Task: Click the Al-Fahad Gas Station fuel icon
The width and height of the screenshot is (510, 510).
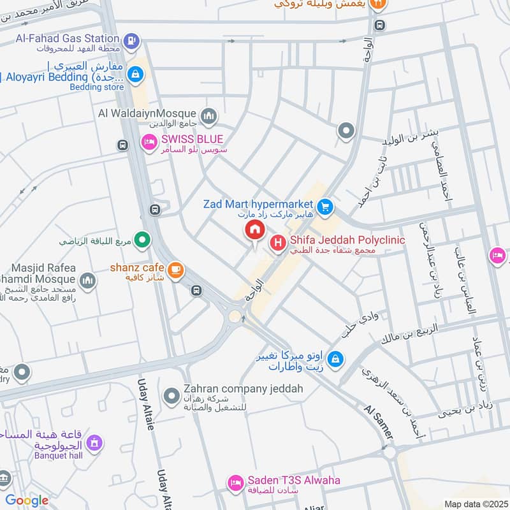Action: click(131, 40)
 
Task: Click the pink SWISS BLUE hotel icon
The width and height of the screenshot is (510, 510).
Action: click(149, 142)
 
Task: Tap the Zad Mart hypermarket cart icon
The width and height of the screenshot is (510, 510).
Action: click(325, 206)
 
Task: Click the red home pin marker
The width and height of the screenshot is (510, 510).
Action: click(254, 231)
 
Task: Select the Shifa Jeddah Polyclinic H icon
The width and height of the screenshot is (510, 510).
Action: click(278, 242)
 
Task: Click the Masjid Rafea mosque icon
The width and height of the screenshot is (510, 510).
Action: click(87, 280)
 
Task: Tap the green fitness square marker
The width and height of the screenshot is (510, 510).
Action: click(144, 241)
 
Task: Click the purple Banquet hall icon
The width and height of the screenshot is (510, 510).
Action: click(94, 442)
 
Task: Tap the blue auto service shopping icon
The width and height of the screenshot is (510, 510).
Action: click(337, 360)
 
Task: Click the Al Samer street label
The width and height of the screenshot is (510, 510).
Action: click(379, 421)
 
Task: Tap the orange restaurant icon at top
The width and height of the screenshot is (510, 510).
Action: click(379, 4)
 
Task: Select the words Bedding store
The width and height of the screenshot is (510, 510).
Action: click(98, 87)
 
